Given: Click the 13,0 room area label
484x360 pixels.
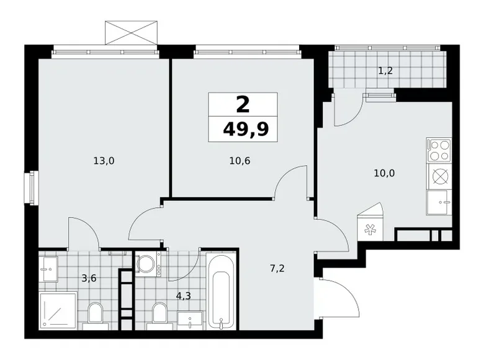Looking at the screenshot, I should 104,161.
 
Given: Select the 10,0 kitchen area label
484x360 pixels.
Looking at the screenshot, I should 384,173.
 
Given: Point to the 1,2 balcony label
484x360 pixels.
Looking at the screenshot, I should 386,71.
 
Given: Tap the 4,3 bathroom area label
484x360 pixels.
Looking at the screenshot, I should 183,296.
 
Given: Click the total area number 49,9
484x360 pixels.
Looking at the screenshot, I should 242,131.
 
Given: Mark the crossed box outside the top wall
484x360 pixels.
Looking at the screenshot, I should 130,32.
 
